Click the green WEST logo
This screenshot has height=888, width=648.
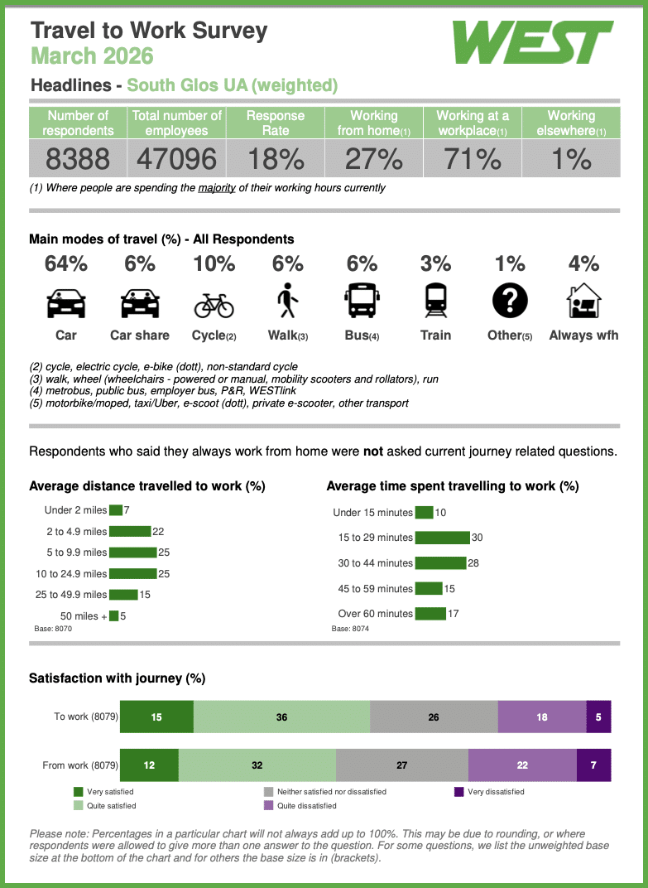(x=532, y=42)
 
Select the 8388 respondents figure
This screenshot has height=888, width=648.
(x=78, y=158)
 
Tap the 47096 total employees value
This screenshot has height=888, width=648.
(x=176, y=158)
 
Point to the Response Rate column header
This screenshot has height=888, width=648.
(x=276, y=123)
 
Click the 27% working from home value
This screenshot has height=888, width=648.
(x=374, y=158)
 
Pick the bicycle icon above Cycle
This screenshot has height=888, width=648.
(x=214, y=305)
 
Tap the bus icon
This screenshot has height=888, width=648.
(x=362, y=301)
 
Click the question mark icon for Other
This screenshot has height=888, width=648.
(x=510, y=301)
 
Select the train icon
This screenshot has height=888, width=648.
(x=436, y=301)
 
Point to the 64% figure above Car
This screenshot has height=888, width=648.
(x=66, y=263)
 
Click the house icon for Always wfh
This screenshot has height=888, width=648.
(x=583, y=300)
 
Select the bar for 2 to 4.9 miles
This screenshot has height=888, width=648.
(x=130, y=531)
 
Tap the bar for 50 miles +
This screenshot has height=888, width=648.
(x=113, y=615)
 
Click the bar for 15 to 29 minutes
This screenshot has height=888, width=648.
(x=442, y=538)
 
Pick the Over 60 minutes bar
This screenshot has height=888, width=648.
(x=430, y=613)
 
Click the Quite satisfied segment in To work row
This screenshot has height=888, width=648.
(x=281, y=717)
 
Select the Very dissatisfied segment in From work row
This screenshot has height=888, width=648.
(x=593, y=765)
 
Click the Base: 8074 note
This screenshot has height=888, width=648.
(x=350, y=629)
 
